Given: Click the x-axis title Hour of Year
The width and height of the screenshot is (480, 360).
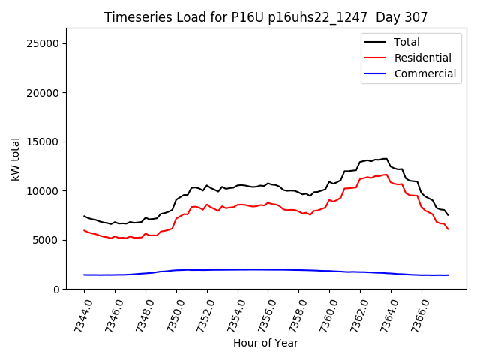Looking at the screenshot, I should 265,343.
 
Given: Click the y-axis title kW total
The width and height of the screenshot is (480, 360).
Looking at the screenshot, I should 15,159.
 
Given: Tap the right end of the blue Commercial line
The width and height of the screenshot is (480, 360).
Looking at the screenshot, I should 448,275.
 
